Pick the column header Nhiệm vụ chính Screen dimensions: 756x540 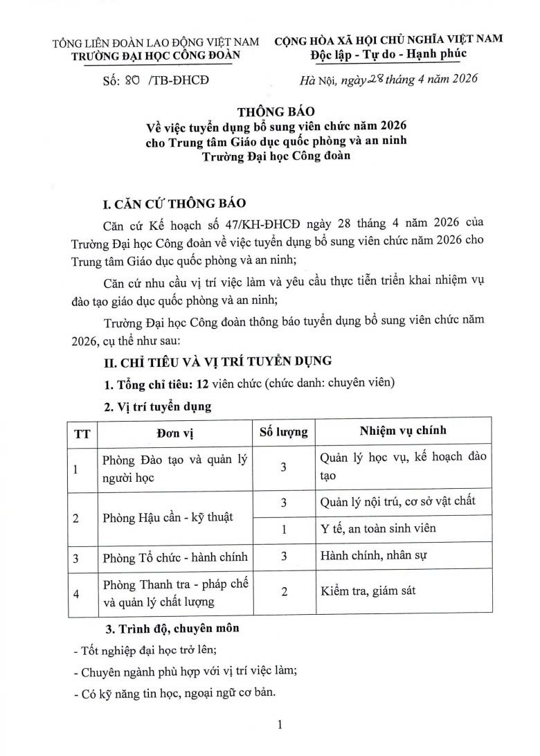pyautogui.click(x=403, y=431)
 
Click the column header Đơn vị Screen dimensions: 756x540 pyautogui.click(x=173, y=432)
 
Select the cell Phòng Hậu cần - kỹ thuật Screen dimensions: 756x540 pyautogui.click(x=167, y=517)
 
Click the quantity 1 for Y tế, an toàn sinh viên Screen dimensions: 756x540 pyautogui.click(x=283, y=530)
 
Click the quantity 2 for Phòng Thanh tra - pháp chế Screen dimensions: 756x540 pyautogui.click(x=283, y=591)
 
